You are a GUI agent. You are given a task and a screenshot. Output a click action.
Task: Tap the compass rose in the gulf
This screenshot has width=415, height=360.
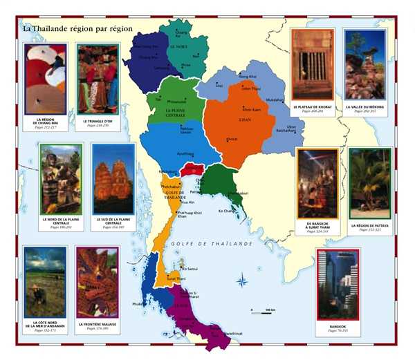tap(242, 281)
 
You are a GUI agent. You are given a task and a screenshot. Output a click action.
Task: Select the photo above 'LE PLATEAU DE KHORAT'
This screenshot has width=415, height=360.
tap(313, 64)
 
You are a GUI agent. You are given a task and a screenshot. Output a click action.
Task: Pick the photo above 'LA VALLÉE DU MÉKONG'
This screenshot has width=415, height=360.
tap(364, 64)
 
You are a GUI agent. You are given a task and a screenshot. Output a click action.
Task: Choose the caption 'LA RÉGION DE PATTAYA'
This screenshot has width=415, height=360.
tap(369, 226)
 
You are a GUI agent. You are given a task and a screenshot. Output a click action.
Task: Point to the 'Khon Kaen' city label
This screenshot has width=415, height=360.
tap(252, 109)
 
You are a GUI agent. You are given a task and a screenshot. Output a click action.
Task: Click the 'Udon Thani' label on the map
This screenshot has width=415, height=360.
tap(252, 88)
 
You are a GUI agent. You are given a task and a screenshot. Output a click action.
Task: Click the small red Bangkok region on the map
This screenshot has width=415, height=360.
tap(192, 169)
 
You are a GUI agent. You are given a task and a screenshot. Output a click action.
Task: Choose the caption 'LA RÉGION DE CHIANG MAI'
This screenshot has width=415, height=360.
tap(46, 122)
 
